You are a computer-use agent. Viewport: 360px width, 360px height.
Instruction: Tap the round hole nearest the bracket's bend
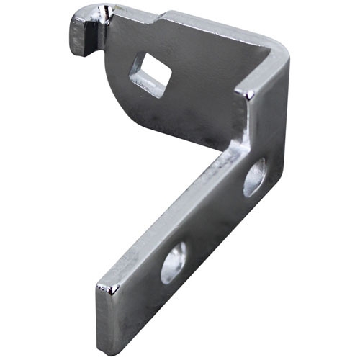pos(254,176)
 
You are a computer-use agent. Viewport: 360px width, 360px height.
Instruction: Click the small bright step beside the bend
pos(247,94)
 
